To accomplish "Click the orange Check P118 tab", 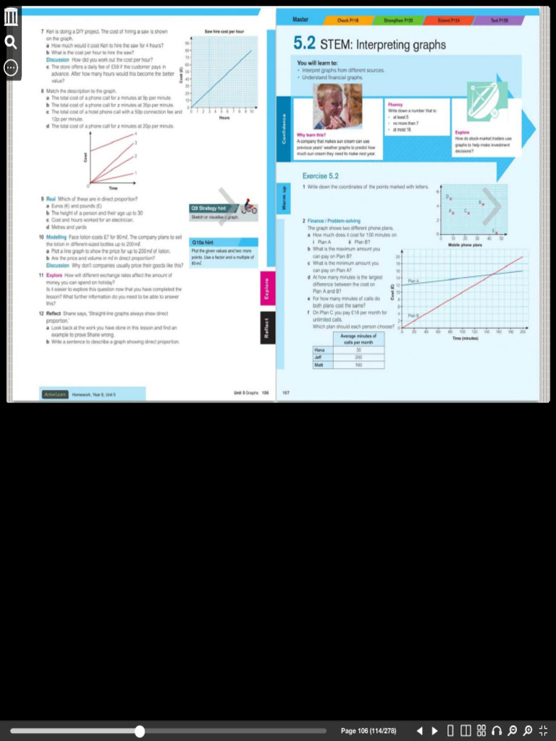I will coord(348,20).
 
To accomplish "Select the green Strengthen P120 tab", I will coord(397,20).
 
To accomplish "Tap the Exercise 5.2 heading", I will coord(321,176).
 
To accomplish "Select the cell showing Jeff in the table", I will coord(319,357).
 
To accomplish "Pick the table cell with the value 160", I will coord(358,365).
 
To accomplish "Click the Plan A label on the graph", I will coord(413,280).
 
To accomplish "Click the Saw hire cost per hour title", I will coord(224,32).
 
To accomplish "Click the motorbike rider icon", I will coord(249,208).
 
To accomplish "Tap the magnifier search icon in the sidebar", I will coord(11,42).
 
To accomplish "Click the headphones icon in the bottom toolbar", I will coord(497,730).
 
